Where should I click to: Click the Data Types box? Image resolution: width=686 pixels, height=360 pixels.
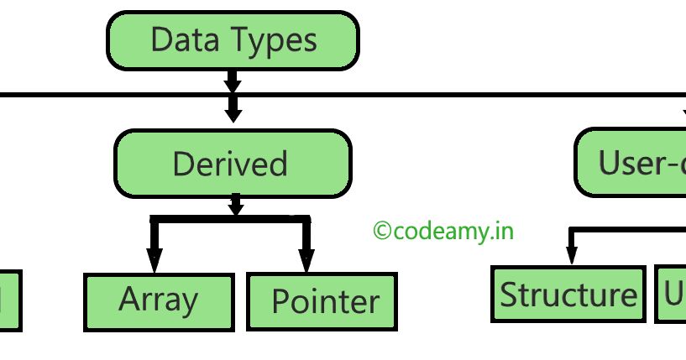(x=233, y=40)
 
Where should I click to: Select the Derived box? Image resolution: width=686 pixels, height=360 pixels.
(x=233, y=164)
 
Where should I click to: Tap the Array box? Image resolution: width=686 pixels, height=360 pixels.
(x=159, y=301)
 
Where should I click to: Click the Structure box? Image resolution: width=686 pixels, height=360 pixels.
(x=568, y=294)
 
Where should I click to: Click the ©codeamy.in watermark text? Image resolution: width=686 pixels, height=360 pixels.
(x=442, y=230)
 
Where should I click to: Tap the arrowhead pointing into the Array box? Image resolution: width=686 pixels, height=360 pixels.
(x=154, y=263)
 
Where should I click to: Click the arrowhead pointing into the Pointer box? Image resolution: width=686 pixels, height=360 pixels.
(x=306, y=263)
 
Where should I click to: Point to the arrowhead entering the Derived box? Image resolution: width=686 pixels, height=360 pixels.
(x=233, y=114)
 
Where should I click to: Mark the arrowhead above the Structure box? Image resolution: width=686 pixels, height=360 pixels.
(x=571, y=255)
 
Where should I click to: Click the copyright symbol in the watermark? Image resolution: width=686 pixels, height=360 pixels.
(x=382, y=231)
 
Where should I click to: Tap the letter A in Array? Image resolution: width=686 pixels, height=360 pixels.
(x=128, y=300)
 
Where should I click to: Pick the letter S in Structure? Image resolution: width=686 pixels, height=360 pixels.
(x=509, y=295)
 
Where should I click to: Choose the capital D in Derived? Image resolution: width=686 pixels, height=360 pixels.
(x=183, y=164)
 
